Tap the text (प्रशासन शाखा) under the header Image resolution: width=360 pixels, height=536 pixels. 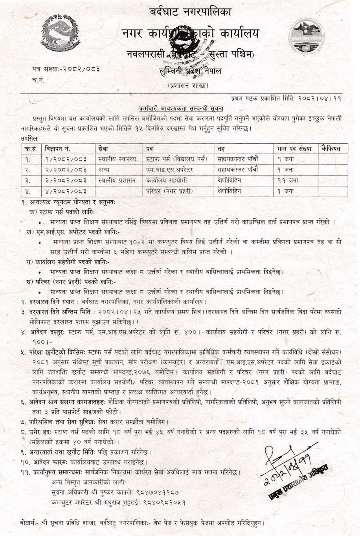coord(188,85)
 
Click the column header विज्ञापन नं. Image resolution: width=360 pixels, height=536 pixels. coord(58,149)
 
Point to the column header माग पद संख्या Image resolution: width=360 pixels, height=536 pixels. coord(294,149)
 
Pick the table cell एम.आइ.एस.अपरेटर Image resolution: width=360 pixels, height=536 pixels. coord(169,170)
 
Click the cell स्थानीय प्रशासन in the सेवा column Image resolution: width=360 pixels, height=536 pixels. coord(118,181)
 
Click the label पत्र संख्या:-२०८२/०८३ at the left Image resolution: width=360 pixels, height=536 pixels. coord(66,69)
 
